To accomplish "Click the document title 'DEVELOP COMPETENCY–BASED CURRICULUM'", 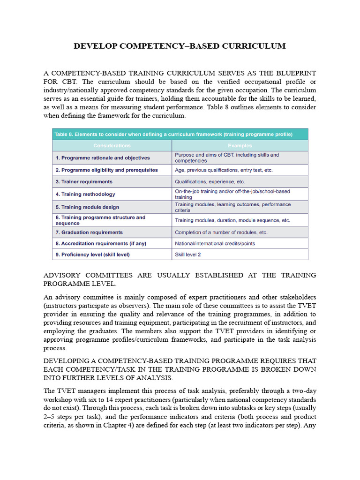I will [x=180, y=46].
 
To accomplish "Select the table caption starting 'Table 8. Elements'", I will [x=173, y=134].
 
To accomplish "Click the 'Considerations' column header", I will [x=112, y=146].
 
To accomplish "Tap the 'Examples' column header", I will [x=240, y=146].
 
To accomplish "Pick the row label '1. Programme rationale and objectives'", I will [x=103, y=158].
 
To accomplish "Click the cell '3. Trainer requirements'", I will [x=84, y=181].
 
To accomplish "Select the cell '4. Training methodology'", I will [x=85, y=194].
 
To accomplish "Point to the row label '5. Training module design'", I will [x=87, y=207].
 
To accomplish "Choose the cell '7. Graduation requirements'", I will [x=89, y=232].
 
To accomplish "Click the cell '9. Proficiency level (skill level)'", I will [x=92, y=255].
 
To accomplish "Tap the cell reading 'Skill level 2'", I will [x=188, y=255].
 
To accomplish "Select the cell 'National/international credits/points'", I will [x=215, y=244].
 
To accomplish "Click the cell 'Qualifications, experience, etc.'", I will [x=210, y=181].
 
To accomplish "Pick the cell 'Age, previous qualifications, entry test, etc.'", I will [x=224, y=170].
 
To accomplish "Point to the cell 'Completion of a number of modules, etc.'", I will [x=221, y=232].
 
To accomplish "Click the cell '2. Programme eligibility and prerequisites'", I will [x=107, y=170].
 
